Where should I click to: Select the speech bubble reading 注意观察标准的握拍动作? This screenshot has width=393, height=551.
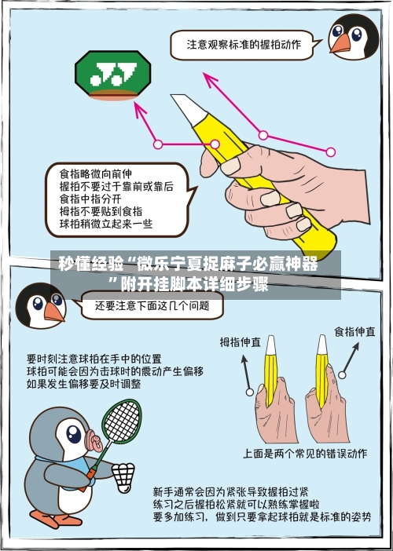pyautogui.click(x=243, y=45)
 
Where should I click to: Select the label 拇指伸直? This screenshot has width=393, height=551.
pyautogui.click(x=241, y=342)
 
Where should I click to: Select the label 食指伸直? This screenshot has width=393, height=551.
pyautogui.click(x=354, y=331)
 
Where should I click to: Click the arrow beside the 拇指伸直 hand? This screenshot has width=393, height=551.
pyautogui.click(x=245, y=373)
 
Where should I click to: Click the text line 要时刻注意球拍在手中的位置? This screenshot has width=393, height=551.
pyautogui.click(x=94, y=358)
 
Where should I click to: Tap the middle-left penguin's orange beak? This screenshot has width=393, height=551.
pyautogui.click(x=53, y=312)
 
